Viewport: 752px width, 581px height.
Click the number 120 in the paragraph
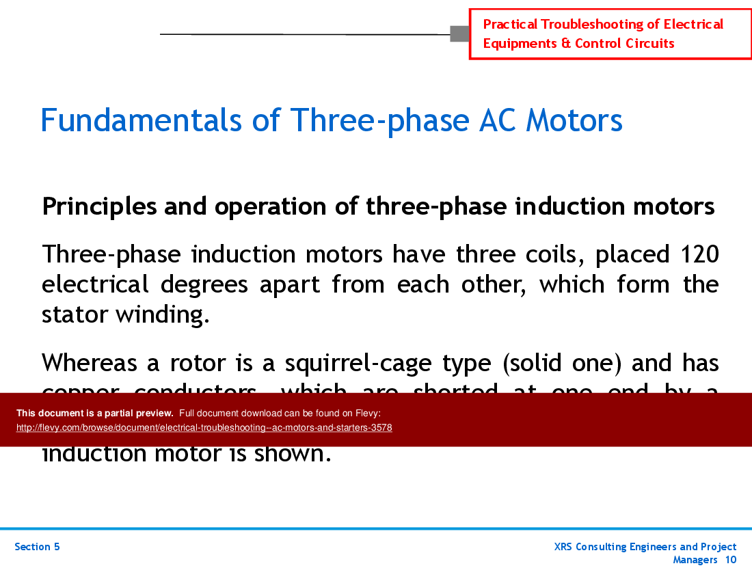(699, 254)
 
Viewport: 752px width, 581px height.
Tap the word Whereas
(88, 363)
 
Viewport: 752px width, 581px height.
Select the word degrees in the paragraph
(204, 284)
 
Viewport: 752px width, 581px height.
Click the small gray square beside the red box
(459, 33)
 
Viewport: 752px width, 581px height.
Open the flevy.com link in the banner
(204, 428)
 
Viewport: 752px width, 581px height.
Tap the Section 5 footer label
(37, 547)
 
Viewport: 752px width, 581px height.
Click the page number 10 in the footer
(730, 560)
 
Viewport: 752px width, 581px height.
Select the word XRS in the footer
(565, 547)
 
